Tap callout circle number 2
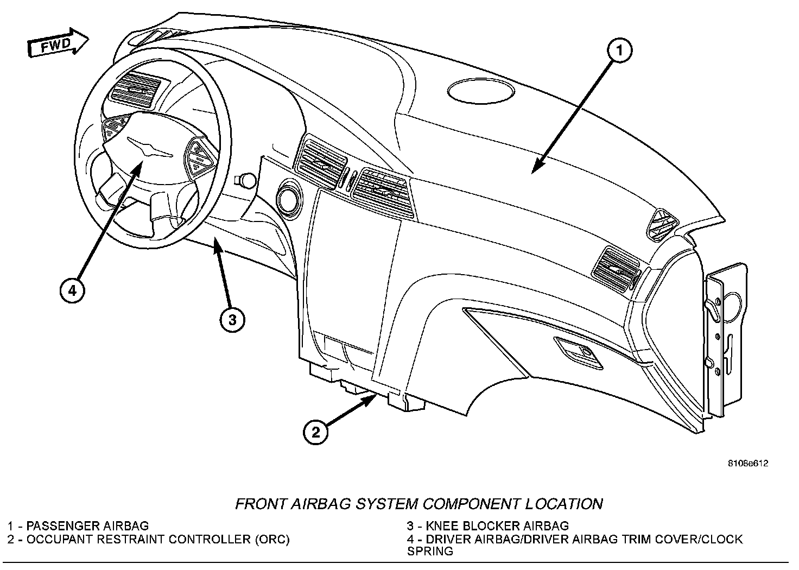[315, 433]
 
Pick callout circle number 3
[232, 320]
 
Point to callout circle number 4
[72, 290]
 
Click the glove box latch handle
[579, 353]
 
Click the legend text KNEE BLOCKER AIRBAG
[497, 525]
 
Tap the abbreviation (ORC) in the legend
[270, 539]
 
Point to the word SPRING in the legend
[430, 552]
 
